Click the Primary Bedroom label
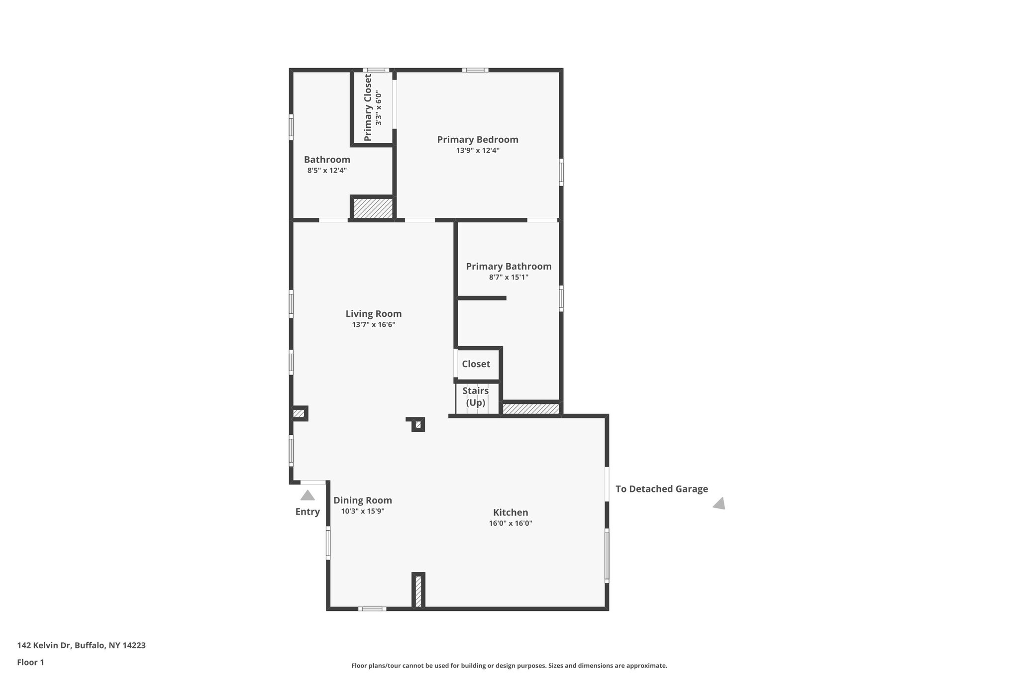pyautogui.click(x=477, y=140)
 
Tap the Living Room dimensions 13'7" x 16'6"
pyautogui.click(x=373, y=325)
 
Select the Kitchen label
pyautogui.click(x=510, y=512)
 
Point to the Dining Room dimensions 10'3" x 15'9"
pyautogui.click(x=362, y=511)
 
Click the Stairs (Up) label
pyautogui.click(x=475, y=396)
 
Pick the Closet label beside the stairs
pyautogui.click(x=476, y=364)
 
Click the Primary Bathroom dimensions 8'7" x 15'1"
pyautogui.click(x=508, y=277)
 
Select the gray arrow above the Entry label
pyautogui.click(x=307, y=495)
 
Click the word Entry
pyautogui.click(x=307, y=511)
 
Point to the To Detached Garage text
pyautogui.click(x=661, y=489)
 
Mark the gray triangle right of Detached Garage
pyautogui.click(x=719, y=503)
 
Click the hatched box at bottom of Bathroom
pyautogui.click(x=373, y=208)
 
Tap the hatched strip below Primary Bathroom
pyautogui.click(x=530, y=409)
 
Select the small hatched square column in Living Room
pyautogui.click(x=418, y=425)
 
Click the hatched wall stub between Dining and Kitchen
pyautogui.click(x=418, y=590)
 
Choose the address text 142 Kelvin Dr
pyautogui.click(x=81, y=645)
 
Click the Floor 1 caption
pyautogui.click(x=30, y=662)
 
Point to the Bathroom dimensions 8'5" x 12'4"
pyautogui.click(x=326, y=171)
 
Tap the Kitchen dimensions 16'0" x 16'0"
pyautogui.click(x=510, y=523)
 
